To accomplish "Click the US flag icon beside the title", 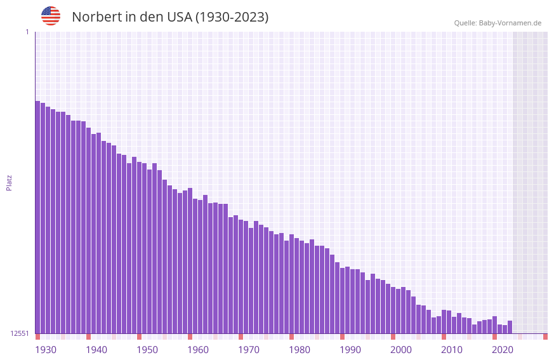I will pos(51,16).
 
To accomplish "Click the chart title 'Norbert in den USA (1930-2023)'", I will pos(170,17).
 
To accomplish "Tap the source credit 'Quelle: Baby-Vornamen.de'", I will pos(498,23).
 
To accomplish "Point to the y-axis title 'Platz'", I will pos(9,182).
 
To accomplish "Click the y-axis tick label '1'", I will pos(27,32).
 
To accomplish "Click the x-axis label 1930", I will pos(46,349).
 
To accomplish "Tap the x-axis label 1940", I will pos(96,349).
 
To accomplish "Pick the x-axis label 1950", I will pos(147,349).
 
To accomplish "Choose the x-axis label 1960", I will pos(198,349).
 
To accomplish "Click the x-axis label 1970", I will pos(249,349).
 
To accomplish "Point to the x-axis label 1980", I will pos(300,349).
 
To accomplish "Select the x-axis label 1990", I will pos(350,349).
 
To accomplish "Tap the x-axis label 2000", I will pos(401,349).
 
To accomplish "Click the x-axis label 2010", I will pos(452,349).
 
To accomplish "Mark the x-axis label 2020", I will pos(503,349).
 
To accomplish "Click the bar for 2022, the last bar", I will pos(510,327).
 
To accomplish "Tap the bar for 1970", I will pos(241,276).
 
